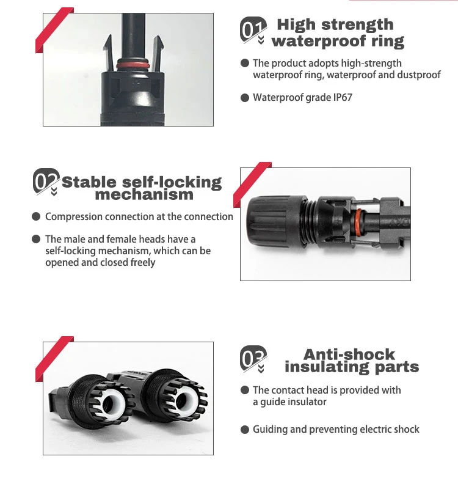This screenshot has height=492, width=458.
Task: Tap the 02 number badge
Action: [x=46, y=181]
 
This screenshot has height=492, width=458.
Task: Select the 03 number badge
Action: [x=253, y=359]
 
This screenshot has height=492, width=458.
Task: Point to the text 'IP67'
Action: [x=341, y=98]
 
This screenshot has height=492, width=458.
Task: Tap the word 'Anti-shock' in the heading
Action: [x=349, y=354]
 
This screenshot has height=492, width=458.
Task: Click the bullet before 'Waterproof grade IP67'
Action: [x=245, y=98]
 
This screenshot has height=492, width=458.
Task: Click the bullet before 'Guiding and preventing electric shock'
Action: [x=245, y=430]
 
